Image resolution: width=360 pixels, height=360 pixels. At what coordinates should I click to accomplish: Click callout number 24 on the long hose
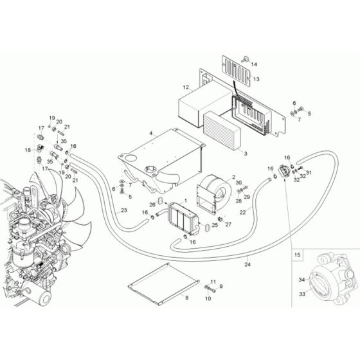(x=248, y=262)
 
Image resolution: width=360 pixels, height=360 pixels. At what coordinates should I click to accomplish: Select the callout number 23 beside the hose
(x=123, y=210)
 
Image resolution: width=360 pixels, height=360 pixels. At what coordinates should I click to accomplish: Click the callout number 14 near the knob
(x=253, y=64)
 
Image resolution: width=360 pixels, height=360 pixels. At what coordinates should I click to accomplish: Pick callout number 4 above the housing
(x=150, y=134)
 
